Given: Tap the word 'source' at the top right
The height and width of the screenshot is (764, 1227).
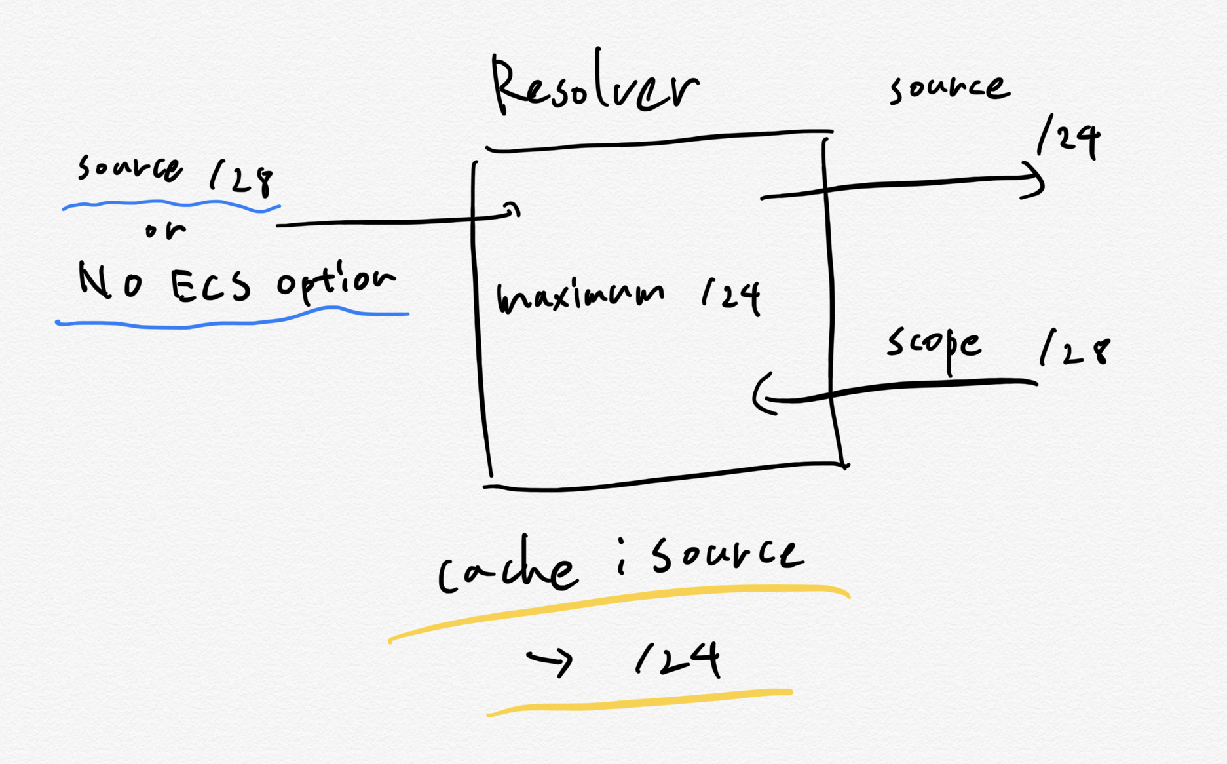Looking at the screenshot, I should pyautogui.click(x=949, y=88).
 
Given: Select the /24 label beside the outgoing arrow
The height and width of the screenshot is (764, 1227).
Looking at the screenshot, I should pyautogui.click(x=1068, y=138).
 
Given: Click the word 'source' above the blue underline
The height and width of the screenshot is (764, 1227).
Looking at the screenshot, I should pyautogui.click(x=130, y=168).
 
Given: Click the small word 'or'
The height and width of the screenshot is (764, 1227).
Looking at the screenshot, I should pyautogui.click(x=165, y=230).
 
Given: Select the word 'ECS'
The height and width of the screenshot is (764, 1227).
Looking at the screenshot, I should pyautogui.click(x=210, y=286).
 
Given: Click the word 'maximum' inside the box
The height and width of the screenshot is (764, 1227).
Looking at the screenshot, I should pyautogui.click(x=580, y=296).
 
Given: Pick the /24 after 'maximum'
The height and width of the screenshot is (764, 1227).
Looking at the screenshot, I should pyautogui.click(x=731, y=296).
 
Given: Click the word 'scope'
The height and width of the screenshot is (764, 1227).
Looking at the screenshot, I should pyautogui.click(x=934, y=345).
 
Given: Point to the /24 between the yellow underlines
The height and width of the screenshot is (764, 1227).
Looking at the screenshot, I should pyautogui.click(x=679, y=659).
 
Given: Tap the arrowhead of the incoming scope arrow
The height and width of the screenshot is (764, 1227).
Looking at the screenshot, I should pyautogui.click(x=762, y=396).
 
